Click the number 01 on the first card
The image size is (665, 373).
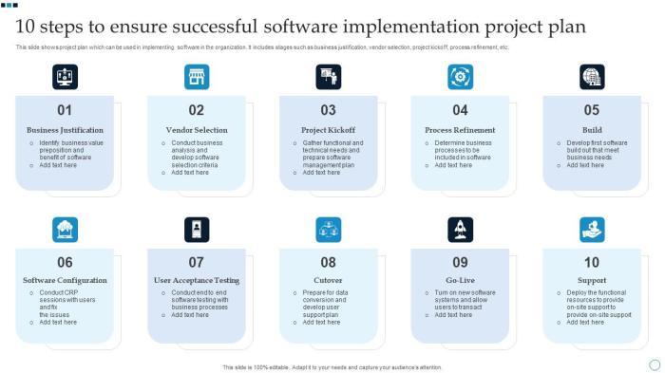[x=65, y=110]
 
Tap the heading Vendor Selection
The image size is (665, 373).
[x=197, y=130]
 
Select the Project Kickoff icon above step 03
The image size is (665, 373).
[x=329, y=77]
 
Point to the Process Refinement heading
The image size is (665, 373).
[x=461, y=130]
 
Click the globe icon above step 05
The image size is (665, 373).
[x=592, y=77]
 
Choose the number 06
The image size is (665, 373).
[x=65, y=262]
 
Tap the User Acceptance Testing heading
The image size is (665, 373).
[x=197, y=281]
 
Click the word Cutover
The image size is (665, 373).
[x=329, y=281]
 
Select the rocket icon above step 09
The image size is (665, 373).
[x=461, y=229]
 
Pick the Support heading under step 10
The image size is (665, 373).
[x=592, y=281]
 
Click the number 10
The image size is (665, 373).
[x=592, y=262]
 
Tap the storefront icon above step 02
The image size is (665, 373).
[x=197, y=77]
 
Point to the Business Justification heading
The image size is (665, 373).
[x=65, y=130]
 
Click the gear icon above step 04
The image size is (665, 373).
[x=461, y=77]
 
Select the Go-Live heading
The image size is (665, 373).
[x=461, y=281]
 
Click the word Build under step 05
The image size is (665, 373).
[x=592, y=130]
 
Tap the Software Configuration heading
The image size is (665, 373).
[x=65, y=281]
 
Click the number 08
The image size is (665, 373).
[x=329, y=262]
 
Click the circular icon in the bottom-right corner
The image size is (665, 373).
[x=655, y=364]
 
